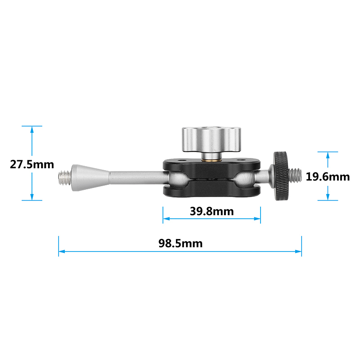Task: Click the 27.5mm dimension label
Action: (32, 164)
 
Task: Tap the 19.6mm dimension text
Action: (328, 176)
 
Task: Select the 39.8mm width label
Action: (211, 211)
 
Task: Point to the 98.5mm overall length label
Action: (180, 243)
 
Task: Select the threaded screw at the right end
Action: (297, 175)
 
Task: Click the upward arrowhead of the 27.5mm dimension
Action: (32, 130)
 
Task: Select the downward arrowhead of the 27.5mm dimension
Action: (32, 197)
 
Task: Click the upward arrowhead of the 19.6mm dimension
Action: (328, 155)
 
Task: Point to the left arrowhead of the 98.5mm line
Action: (62, 252)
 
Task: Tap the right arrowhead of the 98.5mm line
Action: (298, 252)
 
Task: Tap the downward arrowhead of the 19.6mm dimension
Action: (328, 197)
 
